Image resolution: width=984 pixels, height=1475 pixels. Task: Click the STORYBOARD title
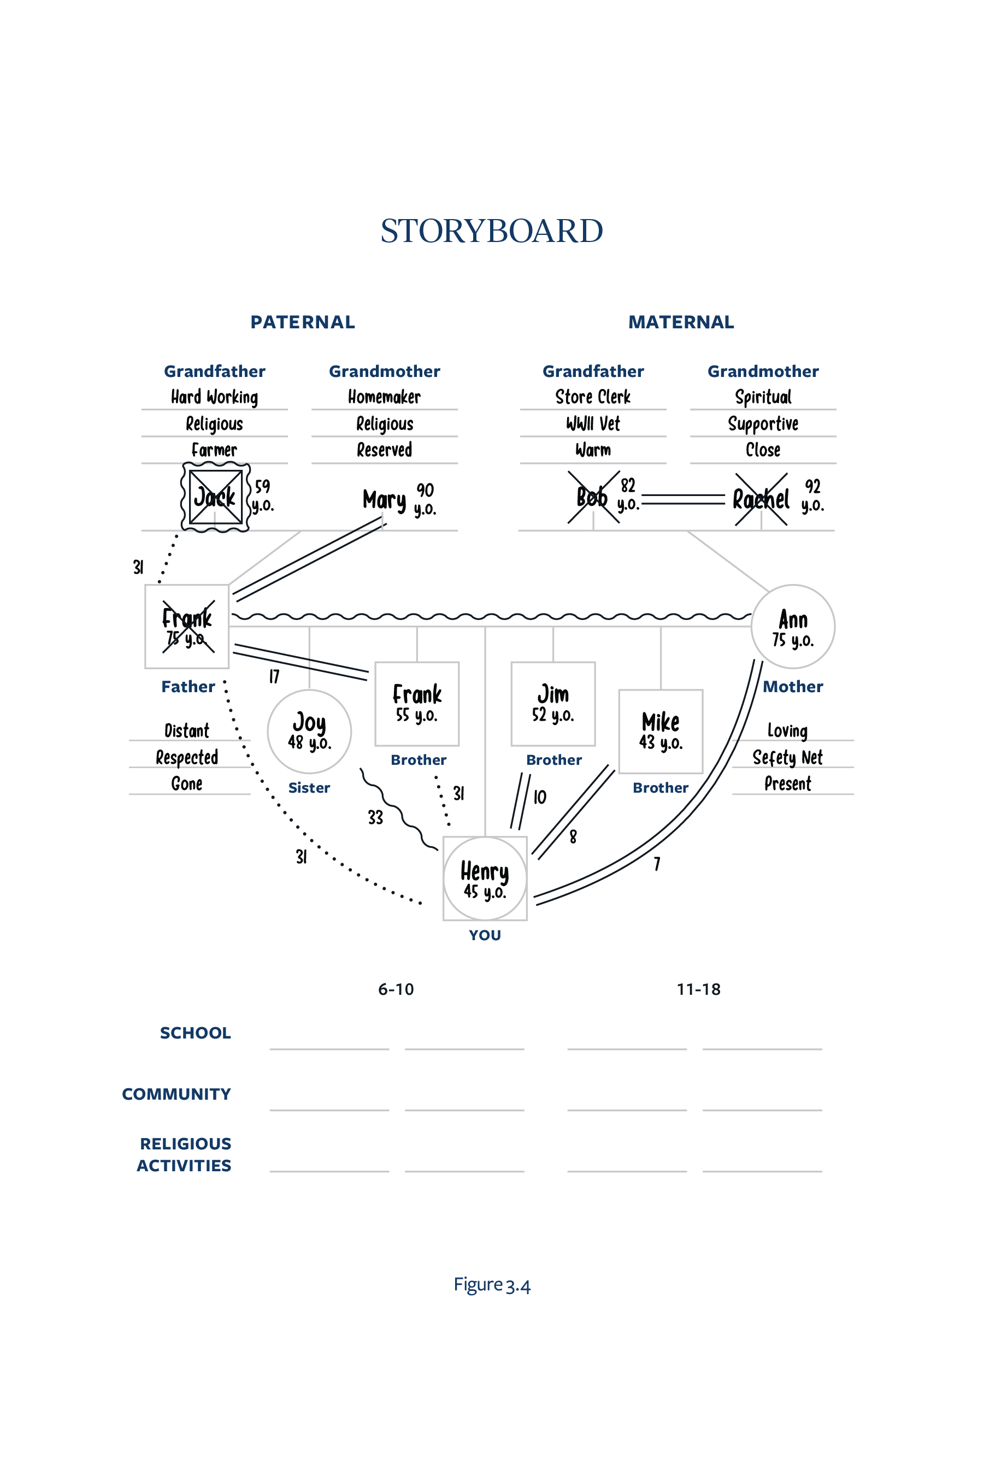491,231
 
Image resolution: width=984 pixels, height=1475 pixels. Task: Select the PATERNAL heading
303,322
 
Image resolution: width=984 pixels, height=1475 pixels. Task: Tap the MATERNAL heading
681,322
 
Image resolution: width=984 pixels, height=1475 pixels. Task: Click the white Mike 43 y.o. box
660,731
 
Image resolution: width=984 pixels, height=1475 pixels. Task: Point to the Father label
188,686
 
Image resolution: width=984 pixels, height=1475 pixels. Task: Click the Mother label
793,686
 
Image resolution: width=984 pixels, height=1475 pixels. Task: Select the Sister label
309,787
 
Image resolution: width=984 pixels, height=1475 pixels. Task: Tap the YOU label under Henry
485,935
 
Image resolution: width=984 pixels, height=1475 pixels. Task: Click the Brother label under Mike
660,787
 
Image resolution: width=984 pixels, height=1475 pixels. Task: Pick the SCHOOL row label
195,1032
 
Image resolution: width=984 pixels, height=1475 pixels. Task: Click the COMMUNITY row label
176,1094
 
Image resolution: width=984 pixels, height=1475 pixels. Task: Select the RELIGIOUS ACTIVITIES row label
185,1154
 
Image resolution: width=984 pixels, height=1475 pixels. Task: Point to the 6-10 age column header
396,989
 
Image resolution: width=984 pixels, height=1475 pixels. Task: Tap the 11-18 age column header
698,989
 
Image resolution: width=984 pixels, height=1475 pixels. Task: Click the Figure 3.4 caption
492,1285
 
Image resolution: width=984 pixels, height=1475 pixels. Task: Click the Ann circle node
793,626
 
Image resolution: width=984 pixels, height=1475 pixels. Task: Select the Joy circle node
309,731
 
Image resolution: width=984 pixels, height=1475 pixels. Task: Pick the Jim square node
553,703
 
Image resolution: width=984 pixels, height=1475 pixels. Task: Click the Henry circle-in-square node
485,878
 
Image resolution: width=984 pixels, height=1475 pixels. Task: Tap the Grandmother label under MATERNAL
763,371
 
